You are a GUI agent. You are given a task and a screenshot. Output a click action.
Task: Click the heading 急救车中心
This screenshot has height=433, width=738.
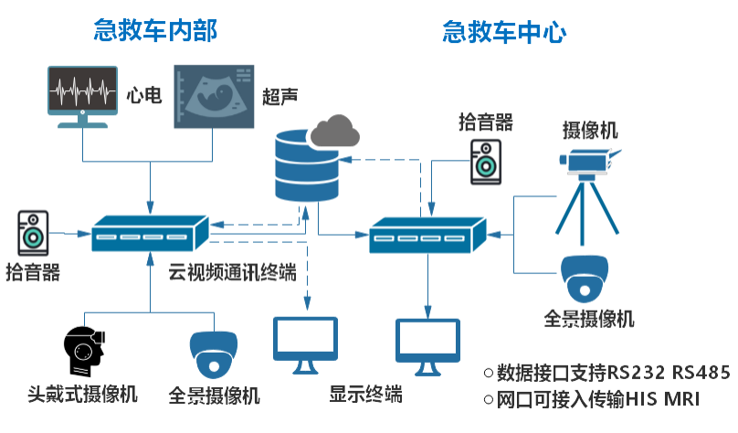(504, 34)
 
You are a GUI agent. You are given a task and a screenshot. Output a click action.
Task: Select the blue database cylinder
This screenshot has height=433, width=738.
(305, 167)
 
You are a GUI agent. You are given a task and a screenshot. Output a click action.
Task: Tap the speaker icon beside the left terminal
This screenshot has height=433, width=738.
(34, 233)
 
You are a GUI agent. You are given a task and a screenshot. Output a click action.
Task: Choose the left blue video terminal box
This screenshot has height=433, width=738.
(150, 235)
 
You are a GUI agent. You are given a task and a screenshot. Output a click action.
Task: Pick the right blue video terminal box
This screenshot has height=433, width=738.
(427, 236)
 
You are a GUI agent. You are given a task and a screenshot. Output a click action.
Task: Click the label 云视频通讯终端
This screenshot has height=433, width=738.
(232, 273)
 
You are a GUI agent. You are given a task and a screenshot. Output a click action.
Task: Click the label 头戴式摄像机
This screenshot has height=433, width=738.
(82, 396)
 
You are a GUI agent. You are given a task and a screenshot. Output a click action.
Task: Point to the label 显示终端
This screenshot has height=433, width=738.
(366, 396)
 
